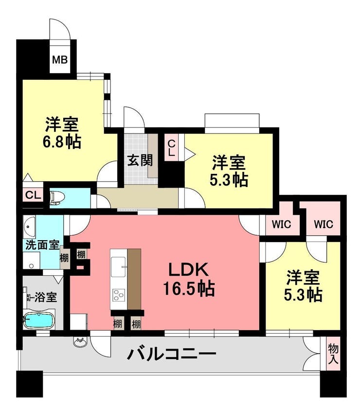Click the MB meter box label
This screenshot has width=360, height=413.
(x=60, y=60)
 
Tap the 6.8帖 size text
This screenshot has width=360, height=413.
(x=62, y=142)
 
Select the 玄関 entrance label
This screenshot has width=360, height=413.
(x=140, y=160)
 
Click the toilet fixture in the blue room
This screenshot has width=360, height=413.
(x=57, y=198)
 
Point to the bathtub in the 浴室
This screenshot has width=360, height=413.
(x=39, y=320)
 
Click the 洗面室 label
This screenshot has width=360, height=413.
(x=42, y=245)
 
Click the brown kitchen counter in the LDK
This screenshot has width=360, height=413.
(x=134, y=279)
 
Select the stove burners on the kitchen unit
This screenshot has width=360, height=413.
(x=119, y=295)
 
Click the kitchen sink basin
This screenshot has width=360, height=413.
(x=118, y=267)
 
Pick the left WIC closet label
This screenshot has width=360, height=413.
(x=282, y=225)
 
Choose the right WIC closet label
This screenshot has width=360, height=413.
(x=324, y=225)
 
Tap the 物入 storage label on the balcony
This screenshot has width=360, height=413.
(x=333, y=355)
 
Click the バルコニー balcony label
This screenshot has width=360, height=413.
(x=172, y=354)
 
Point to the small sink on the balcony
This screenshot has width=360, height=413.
(x=79, y=342)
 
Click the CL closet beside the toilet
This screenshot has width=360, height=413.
(x=33, y=195)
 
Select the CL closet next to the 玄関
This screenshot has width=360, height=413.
(x=171, y=148)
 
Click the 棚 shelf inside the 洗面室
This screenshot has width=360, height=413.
(x=64, y=258)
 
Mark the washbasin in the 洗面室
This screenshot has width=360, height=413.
(x=29, y=226)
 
